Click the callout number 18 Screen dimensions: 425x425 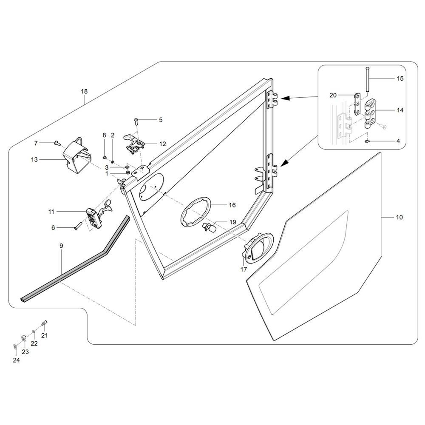click(x=84, y=91)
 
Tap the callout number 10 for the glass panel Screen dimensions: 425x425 click(x=399, y=217)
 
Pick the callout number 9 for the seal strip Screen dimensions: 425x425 click(x=61, y=246)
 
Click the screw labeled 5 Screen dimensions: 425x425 click(x=136, y=122)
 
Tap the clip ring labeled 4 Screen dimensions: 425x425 click(x=367, y=141)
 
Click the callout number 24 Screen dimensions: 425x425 click(x=16, y=360)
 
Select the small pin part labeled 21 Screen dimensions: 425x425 click(x=44, y=323)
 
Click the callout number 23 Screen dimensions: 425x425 click(x=25, y=352)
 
